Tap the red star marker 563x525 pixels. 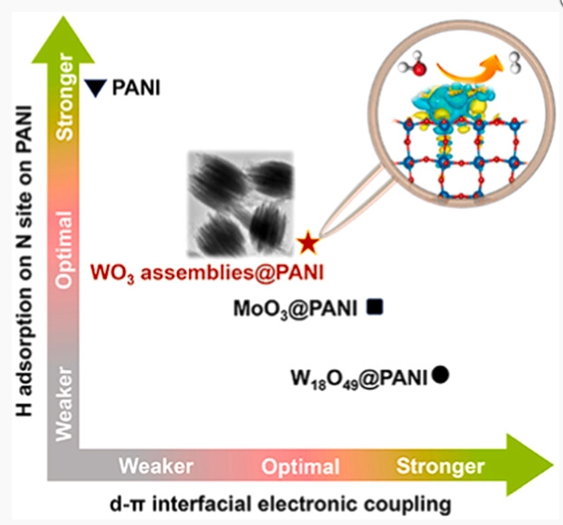308,243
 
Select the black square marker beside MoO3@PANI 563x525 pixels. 373,309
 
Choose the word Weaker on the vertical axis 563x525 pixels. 64,406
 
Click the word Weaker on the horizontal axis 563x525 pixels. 156,467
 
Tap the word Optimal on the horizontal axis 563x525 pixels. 300,467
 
